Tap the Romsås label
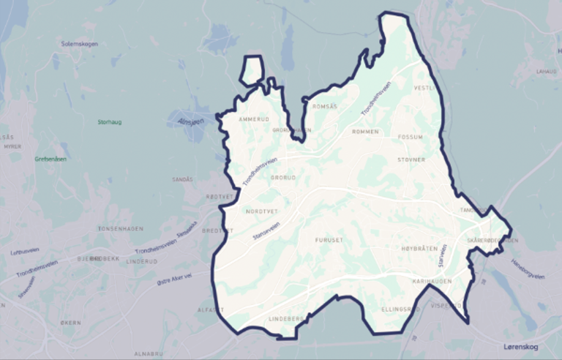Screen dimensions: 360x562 (x=325, y=107)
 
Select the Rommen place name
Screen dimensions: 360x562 (x=365, y=132)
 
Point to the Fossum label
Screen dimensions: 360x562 (x=411, y=137)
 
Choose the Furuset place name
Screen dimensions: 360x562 (x=329, y=239)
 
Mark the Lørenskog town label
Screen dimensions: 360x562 (x=522, y=345)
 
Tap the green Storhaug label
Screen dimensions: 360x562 (x=108, y=122)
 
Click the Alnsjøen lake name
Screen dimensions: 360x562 (x=190, y=122)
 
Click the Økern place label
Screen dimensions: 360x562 (x=71, y=321)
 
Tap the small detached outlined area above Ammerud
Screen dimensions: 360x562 (x=252, y=71)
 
